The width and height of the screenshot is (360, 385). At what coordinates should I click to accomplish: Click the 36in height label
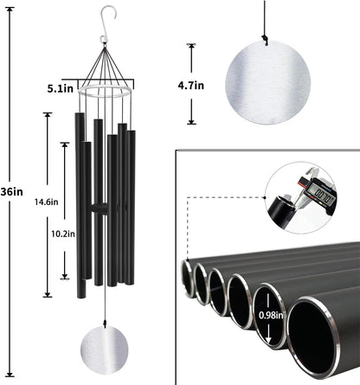point(11,192)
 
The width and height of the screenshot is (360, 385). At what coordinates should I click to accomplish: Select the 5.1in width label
point(61,87)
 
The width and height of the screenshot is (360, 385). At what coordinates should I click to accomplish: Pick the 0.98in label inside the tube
point(269,317)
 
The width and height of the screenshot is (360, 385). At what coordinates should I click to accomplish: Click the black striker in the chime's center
point(101,209)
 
